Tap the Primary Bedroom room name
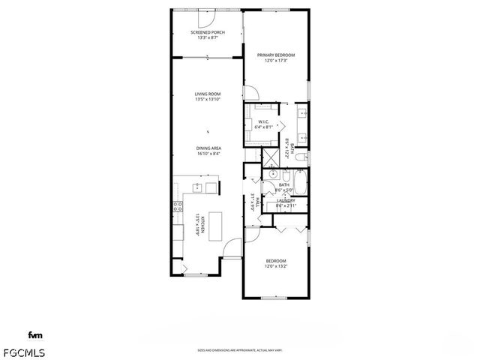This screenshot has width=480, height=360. pos(276,55)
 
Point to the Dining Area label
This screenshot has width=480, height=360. pos(207,148)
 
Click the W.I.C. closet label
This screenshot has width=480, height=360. pos(264,121)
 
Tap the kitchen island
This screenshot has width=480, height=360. pos(217,226)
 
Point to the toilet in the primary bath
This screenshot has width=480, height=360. pos(298,157)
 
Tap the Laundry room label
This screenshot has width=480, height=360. pos(285,200)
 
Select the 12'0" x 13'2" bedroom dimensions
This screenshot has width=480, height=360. pos(276,265)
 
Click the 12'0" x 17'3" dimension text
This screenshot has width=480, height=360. pos(276,61)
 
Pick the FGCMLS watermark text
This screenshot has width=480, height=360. pos(25,352)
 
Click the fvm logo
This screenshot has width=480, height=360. pos(34,334)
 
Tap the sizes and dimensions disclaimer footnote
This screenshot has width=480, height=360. pos(239,349)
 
